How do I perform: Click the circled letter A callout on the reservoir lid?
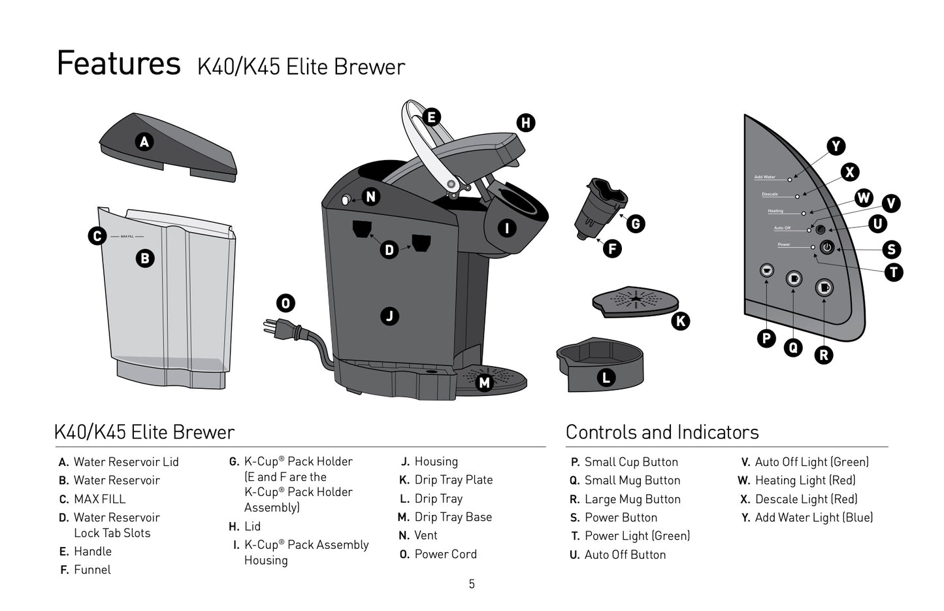(x=144, y=141)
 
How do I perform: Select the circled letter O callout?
(x=285, y=303)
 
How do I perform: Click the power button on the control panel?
(x=827, y=248)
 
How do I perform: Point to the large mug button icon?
(x=824, y=288)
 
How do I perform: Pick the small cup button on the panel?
(x=766, y=270)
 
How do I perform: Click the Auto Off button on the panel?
(x=821, y=229)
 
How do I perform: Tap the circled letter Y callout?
(x=836, y=146)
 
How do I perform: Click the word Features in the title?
(x=118, y=63)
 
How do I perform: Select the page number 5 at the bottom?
(x=472, y=584)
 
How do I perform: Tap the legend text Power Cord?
(x=446, y=554)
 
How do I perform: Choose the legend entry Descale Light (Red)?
(x=806, y=499)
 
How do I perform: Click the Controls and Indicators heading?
(x=662, y=432)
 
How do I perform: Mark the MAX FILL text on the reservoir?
(x=127, y=237)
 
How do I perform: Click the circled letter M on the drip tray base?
(x=484, y=382)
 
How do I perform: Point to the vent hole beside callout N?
(x=346, y=200)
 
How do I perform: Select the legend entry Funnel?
(x=92, y=570)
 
